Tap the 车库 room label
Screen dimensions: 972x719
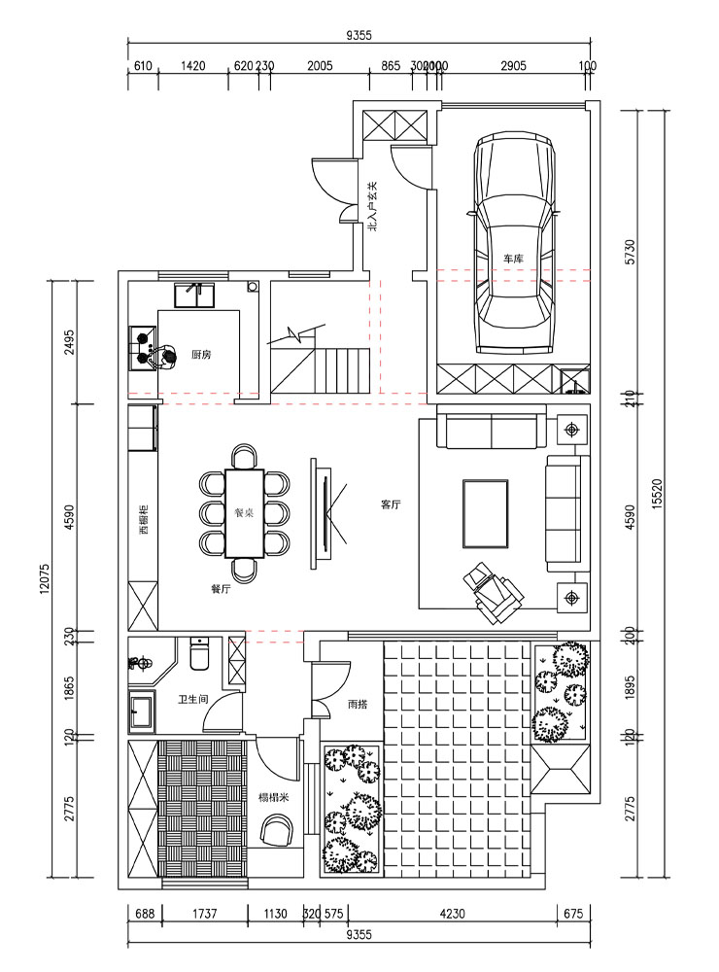click(514, 259)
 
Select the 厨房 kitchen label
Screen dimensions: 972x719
click(202, 355)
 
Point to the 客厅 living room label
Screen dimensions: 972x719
click(392, 504)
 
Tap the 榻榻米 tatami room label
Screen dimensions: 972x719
click(273, 797)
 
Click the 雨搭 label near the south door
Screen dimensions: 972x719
click(357, 704)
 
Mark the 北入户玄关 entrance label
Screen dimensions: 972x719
click(372, 206)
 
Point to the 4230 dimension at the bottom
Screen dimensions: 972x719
click(452, 914)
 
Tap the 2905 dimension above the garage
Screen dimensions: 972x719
click(513, 66)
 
